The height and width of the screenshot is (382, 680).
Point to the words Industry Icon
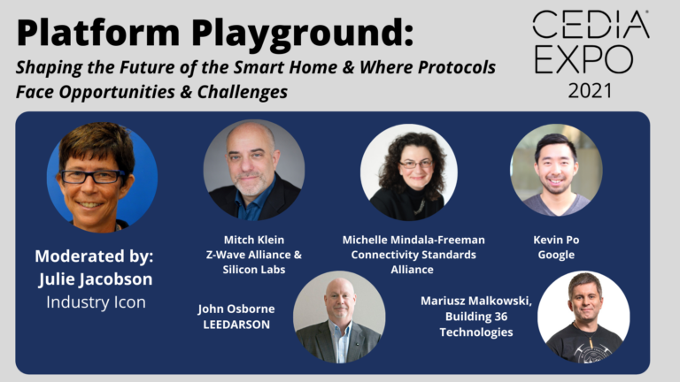coord(94,302)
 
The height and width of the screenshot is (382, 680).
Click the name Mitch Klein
coord(253,240)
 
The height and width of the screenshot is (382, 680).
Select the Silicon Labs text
coord(253,270)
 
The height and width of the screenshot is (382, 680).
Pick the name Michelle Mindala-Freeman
coord(413,240)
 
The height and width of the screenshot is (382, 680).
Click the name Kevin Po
coord(556,240)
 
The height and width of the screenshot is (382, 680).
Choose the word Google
coord(556,255)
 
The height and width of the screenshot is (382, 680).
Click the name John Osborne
coord(236,309)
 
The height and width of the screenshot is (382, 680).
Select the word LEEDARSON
coord(236,325)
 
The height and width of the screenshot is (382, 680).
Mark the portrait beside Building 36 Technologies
coord(583,317)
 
